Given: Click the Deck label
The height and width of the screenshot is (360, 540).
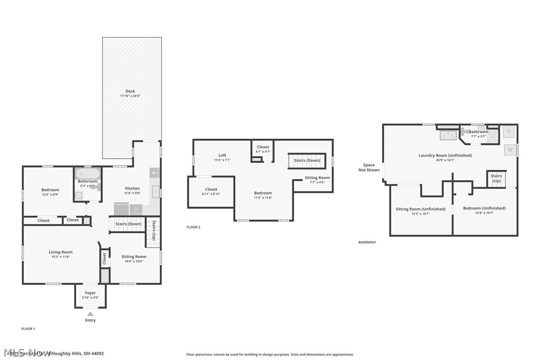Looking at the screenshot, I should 130,91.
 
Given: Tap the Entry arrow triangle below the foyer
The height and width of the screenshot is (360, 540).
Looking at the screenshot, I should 90,314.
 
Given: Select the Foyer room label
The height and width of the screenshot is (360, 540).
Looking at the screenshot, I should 90,293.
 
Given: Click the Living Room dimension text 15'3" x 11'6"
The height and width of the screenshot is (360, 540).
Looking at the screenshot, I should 61,257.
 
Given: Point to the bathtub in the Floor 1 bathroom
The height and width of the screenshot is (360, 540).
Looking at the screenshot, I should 88,174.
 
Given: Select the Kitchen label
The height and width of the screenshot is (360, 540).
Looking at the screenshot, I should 132,188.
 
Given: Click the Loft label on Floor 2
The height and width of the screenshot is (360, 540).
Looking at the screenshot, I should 222,155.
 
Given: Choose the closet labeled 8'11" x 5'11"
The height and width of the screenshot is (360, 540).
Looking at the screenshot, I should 211,191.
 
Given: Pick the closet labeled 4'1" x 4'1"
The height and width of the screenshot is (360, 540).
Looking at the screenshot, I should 263,149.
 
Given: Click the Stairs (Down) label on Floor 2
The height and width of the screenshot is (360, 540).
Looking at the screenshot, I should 307,160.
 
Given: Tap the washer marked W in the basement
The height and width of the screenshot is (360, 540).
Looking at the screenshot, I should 510,149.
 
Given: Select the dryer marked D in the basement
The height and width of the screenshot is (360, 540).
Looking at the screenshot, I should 509,132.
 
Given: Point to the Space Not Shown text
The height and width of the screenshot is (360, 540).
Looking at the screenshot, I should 369,168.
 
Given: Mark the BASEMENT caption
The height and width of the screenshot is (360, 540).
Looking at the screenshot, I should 367,242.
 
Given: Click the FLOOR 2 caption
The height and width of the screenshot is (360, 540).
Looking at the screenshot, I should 193,227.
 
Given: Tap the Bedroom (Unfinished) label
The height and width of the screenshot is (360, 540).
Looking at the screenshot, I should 484,208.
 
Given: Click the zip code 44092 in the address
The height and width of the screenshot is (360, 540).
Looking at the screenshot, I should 97,354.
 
